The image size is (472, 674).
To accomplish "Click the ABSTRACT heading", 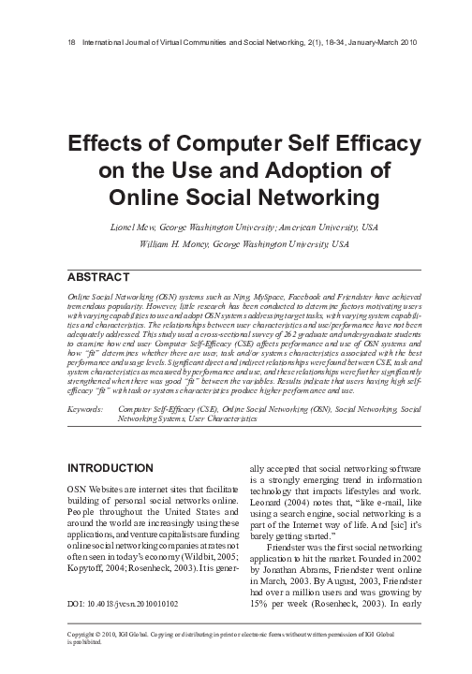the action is click(98, 278).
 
